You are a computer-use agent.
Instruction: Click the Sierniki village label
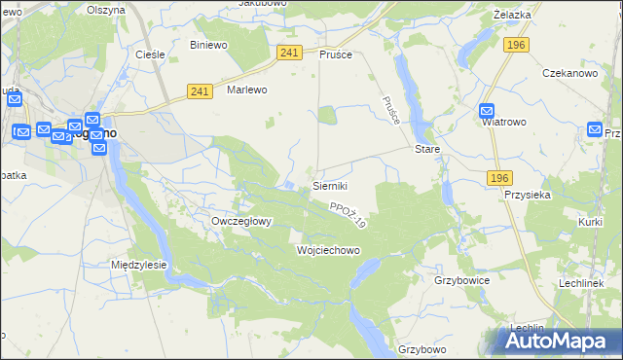click(329, 185)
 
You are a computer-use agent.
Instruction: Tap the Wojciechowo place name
click(328, 250)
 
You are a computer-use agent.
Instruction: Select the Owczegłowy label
click(241, 221)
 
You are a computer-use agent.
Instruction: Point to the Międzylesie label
click(139, 265)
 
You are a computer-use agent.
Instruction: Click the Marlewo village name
click(246, 90)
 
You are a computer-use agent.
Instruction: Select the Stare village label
click(428, 150)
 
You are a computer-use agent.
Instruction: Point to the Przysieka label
click(529, 194)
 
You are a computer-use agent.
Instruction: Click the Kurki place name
click(590, 223)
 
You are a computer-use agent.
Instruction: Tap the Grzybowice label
click(461, 280)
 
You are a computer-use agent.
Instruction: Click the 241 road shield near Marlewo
click(200, 91)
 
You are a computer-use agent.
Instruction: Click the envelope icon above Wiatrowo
click(488, 111)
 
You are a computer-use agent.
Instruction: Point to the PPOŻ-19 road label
click(347, 215)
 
